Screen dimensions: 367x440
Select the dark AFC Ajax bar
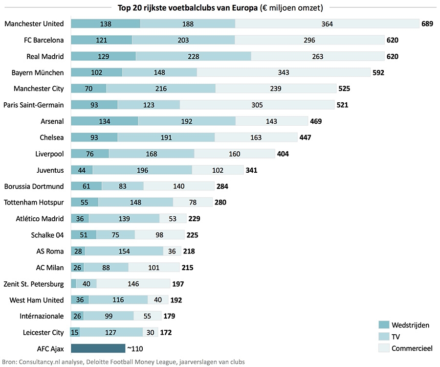pyautogui.click(x=98, y=348)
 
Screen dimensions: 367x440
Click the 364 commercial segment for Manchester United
pyautogui.click(x=327, y=24)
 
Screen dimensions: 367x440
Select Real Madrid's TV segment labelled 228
pyautogui.click(x=193, y=56)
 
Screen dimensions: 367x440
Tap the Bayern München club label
pyautogui.click(x=38, y=72)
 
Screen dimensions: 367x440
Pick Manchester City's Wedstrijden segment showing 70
pyautogui.click(x=88, y=89)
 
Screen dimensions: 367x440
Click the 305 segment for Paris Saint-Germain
pyautogui.click(x=257, y=105)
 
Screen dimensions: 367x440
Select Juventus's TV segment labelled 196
pyautogui.click(x=142, y=170)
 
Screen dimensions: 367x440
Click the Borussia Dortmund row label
pyautogui.click(x=34, y=186)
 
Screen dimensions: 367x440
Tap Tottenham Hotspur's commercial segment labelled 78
pyautogui.click(x=193, y=202)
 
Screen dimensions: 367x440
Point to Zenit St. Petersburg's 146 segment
pyautogui.click(x=133, y=283)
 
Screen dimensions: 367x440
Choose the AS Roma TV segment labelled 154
pyautogui.click(x=124, y=251)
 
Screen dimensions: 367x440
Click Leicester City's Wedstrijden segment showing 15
pyautogui.click(x=75, y=332)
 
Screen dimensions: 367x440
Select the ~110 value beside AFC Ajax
pyautogui.click(x=135, y=349)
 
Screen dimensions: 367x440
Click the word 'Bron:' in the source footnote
pyautogui.click(x=10, y=362)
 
